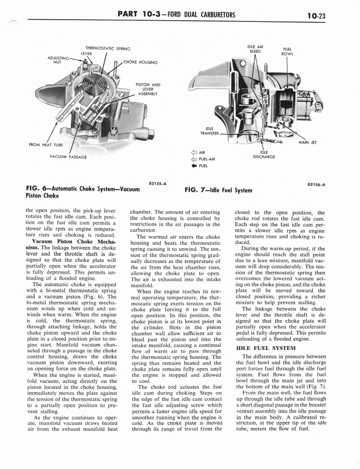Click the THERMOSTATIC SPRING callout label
108,49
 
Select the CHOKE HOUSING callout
141,62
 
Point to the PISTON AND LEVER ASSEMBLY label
147,89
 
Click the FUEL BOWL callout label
288,51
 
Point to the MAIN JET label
308,142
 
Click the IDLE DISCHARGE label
264,154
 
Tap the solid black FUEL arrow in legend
194,165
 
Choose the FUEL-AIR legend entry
203,159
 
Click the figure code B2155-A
157,184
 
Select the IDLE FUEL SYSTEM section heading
260,348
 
